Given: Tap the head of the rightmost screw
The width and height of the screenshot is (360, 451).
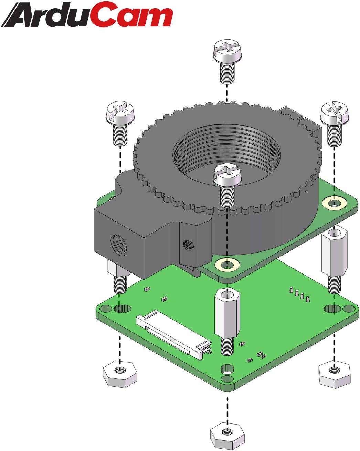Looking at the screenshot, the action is (334, 113).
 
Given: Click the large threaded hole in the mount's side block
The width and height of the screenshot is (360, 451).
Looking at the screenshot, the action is (119, 245).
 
